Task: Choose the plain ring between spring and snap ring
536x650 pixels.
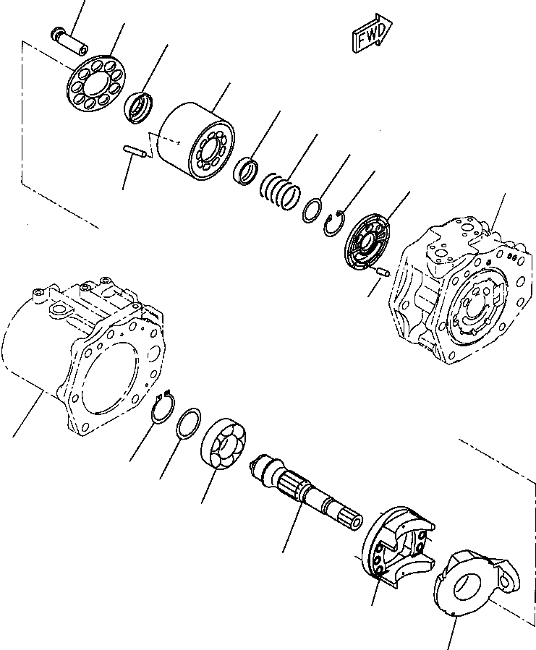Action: (x=312, y=209)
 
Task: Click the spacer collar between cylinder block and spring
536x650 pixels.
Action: (x=247, y=171)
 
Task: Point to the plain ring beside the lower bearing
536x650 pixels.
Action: (x=190, y=423)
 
